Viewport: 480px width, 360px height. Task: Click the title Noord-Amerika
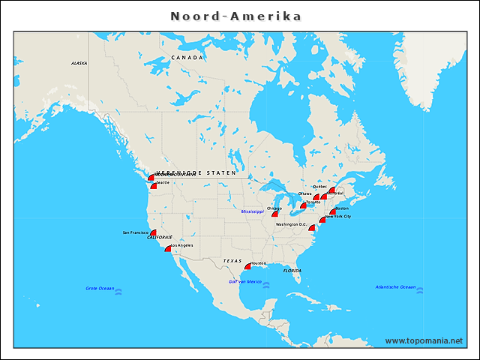236,16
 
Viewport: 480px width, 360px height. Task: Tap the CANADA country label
187,58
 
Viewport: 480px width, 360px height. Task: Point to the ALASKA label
79,64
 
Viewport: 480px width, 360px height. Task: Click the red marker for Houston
248,265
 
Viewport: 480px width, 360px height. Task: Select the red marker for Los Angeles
169,248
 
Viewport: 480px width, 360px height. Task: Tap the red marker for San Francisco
153,233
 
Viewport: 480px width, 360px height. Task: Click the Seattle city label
163,182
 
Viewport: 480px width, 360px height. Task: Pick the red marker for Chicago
275,214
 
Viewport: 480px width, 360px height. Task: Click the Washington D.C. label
291,224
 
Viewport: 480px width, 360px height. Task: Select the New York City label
338,217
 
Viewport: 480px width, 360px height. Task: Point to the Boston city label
341,208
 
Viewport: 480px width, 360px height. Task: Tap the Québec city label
319,187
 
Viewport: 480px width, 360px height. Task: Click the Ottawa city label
304,193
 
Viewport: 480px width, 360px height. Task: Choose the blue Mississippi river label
253,212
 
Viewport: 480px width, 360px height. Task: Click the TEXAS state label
232,261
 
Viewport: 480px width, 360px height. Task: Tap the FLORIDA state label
292,270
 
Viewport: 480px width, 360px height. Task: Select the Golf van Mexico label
244,281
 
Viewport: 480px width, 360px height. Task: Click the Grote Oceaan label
100,288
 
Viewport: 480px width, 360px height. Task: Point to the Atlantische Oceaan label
395,286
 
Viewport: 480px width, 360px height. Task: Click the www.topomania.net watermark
424,340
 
